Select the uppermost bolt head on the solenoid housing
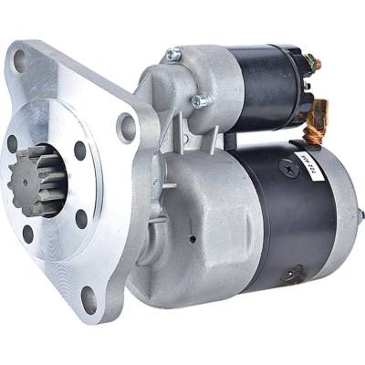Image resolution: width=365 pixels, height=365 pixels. [x=172, y=56]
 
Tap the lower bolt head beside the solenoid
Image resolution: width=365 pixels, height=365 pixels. [x=196, y=99]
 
